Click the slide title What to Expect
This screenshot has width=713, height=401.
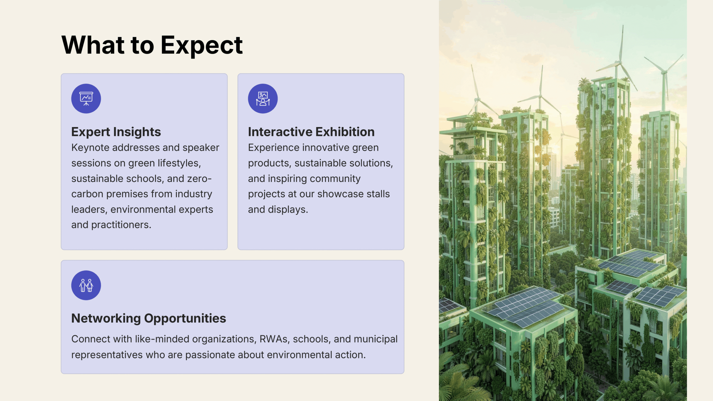[152, 45]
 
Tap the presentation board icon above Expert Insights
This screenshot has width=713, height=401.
[86, 99]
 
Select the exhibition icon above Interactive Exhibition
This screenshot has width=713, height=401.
[263, 99]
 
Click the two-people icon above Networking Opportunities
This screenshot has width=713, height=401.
[86, 285]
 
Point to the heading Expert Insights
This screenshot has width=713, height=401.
[116, 132]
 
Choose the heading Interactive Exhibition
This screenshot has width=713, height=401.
[311, 132]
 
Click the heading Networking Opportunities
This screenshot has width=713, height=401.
[149, 318]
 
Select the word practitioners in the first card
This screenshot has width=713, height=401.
[121, 225]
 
